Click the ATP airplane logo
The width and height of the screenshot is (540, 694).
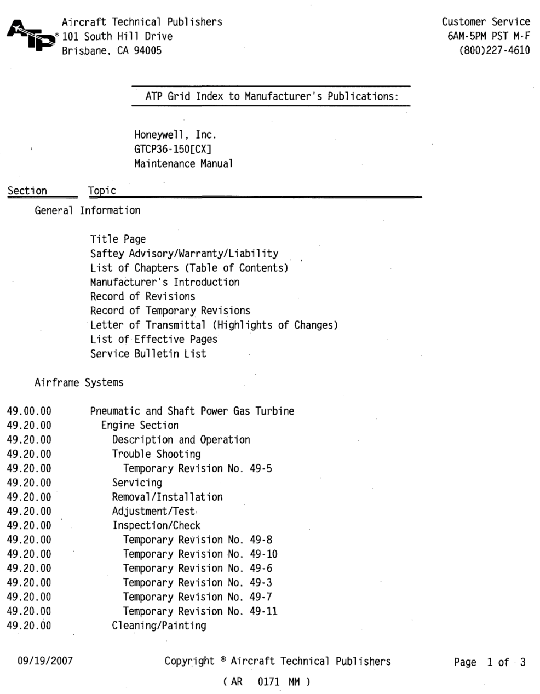point(30,36)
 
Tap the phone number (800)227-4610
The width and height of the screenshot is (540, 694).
point(495,51)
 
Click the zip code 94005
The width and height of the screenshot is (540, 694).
point(147,51)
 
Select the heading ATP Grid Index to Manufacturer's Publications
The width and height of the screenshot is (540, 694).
point(271,96)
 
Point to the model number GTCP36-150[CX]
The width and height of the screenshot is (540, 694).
point(173,149)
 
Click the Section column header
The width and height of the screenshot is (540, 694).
point(27,191)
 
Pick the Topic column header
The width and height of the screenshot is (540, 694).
point(102,191)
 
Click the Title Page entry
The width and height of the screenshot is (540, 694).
point(118,239)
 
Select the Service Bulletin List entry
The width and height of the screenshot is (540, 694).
point(148,354)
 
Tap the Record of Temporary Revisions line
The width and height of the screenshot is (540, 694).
point(170,311)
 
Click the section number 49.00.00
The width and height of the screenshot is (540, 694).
point(29,411)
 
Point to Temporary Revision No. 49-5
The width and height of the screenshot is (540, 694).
point(197,468)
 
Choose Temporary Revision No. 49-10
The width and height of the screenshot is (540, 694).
point(200,554)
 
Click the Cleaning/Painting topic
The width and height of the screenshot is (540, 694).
point(159,626)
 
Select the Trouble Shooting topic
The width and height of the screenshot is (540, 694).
point(156,454)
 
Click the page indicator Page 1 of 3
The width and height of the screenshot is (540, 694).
point(489,662)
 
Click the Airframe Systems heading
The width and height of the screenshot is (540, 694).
point(79,383)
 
